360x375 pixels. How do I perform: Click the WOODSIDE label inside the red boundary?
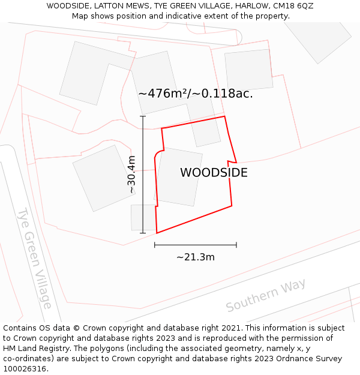214,173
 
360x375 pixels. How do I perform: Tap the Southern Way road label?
266,295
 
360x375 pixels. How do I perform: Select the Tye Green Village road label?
34,258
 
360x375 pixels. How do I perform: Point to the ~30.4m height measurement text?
131,174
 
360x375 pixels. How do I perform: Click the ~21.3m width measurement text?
196,257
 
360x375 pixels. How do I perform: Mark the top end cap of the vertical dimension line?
143,116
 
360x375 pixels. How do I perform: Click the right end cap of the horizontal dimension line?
236,245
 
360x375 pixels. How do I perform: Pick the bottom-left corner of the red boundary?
157,233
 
